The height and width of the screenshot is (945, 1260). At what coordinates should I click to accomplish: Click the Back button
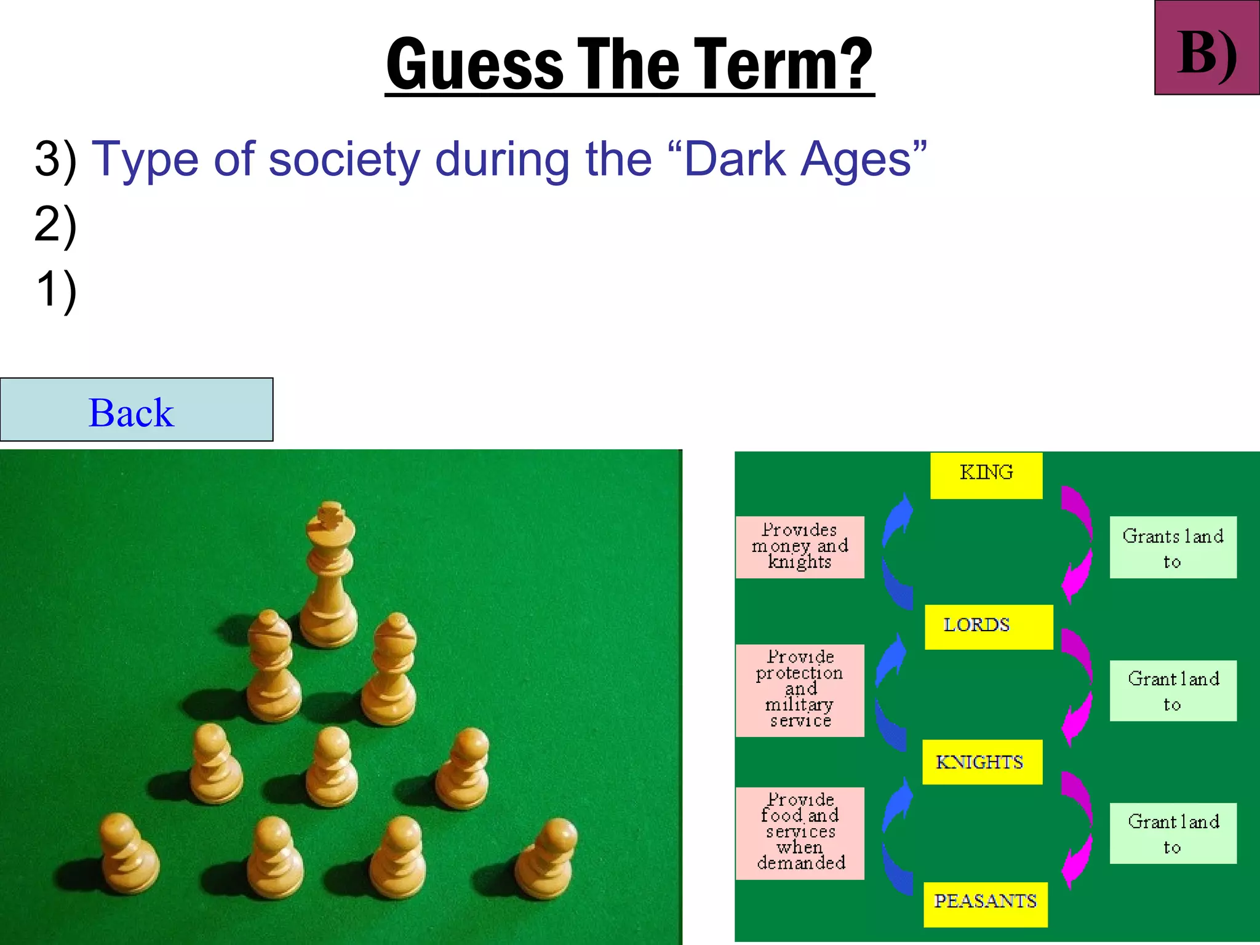pos(136,410)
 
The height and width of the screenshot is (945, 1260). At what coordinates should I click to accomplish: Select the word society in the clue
pos(344,159)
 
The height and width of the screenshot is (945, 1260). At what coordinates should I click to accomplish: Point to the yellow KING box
pos(986,475)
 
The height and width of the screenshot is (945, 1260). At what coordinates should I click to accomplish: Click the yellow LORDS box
pos(988,626)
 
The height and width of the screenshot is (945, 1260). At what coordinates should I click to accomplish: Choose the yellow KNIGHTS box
pos(981,762)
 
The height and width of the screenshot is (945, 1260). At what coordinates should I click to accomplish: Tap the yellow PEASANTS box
pos(985,903)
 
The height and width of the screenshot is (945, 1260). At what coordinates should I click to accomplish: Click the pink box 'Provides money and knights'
pos(799,547)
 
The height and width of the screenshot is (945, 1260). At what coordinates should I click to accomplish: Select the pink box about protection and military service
pos(799,690)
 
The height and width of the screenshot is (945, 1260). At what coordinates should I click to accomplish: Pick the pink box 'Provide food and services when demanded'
pos(799,832)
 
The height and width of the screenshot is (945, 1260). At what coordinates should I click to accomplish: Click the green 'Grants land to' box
pos(1173,547)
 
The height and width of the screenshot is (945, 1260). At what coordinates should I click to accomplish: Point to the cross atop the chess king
pos(330,515)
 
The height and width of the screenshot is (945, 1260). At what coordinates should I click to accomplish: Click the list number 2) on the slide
pos(55,225)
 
